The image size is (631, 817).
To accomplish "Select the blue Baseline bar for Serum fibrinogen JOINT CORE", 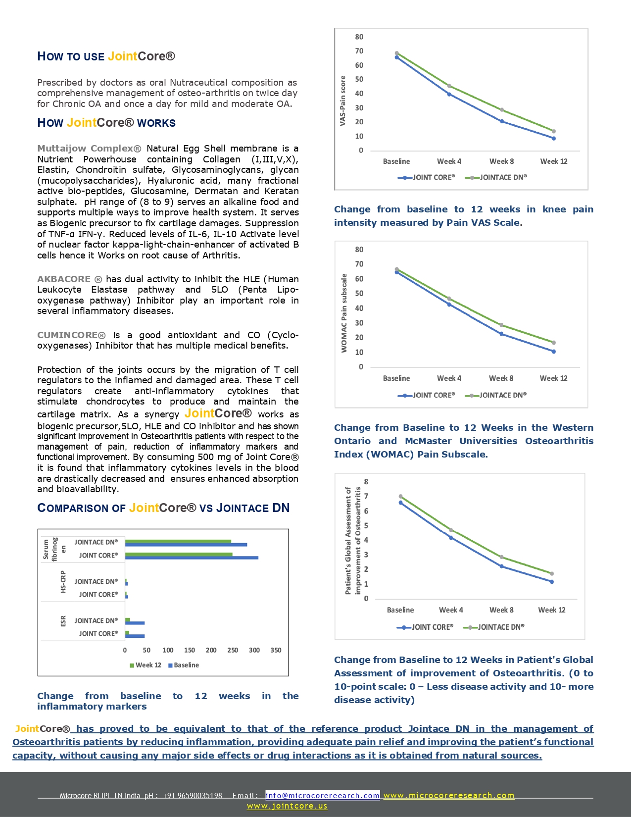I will [192, 558].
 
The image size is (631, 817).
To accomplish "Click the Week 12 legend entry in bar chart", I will [146, 665].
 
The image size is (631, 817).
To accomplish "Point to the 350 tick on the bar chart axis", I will [276, 650].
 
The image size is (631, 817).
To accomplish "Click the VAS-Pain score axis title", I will [342, 101].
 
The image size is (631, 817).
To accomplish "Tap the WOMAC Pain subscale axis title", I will [344, 313].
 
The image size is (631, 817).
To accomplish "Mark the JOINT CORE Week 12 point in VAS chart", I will [553, 139].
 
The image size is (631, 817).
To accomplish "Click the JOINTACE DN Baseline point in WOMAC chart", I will [396, 269].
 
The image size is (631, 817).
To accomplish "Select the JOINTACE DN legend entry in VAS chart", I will [497, 177].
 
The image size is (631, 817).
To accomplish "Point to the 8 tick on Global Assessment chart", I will [366, 482].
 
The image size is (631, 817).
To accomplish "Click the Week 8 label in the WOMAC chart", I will [501, 378].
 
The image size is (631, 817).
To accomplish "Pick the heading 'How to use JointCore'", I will [106, 56].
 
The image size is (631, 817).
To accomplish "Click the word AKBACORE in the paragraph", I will [64, 279].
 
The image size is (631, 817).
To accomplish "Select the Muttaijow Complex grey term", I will [89, 149].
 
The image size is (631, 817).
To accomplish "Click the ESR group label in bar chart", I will [63, 621].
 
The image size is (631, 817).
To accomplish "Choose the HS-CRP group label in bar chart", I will [63, 582].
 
